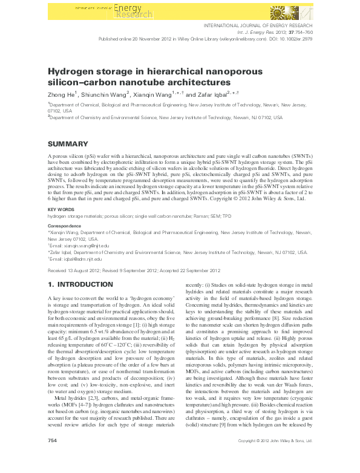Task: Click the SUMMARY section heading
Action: tap(68, 144)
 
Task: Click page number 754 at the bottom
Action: tap(52, 458)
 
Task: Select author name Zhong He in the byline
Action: tap(61, 94)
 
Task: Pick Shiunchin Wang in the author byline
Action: tap(106, 94)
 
